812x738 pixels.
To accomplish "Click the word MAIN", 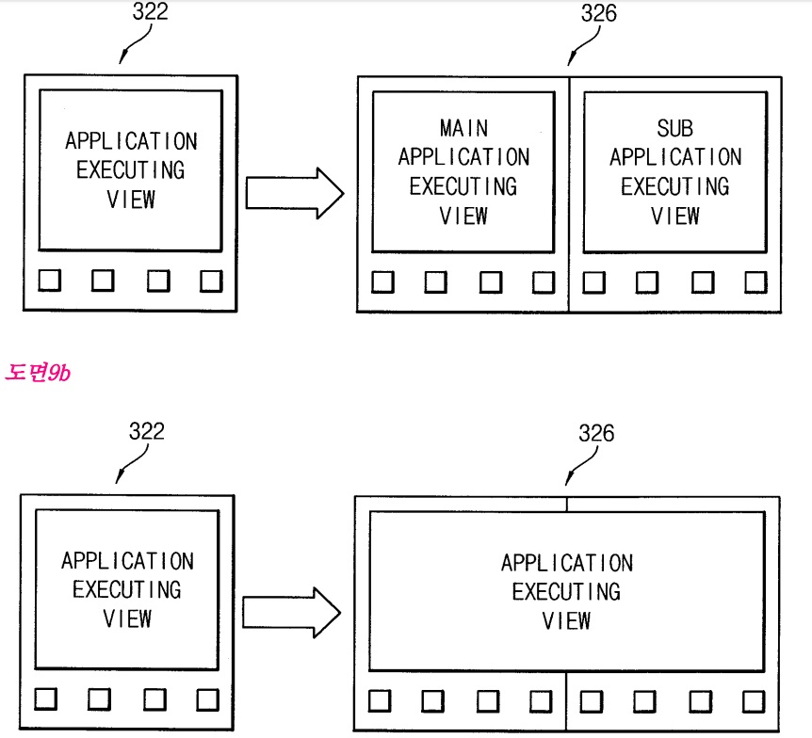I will (x=463, y=127).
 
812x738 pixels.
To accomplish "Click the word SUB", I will (x=674, y=128).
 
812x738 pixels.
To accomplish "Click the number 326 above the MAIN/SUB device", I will (x=598, y=14).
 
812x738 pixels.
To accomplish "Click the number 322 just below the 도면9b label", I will (x=146, y=432).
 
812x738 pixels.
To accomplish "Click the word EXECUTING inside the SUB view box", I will (x=674, y=186).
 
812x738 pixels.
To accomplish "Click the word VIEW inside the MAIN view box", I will (x=463, y=216).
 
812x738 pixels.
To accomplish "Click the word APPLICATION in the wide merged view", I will (x=567, y=563).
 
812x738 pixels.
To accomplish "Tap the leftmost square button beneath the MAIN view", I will (x=382, y=282).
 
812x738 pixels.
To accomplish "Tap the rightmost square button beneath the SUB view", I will (x=755, y=282).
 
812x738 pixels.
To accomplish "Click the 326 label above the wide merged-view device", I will (x=596, y=433).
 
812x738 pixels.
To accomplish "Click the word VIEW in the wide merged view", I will (x=567, y=621).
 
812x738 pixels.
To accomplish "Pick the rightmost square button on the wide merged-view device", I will (x=753, y=701).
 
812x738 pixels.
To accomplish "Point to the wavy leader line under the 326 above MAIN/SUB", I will (x=585, y=48).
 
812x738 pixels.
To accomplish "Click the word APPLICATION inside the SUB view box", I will (x=674, y=157).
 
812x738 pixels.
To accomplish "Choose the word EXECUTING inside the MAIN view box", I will (x=463, y=186).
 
